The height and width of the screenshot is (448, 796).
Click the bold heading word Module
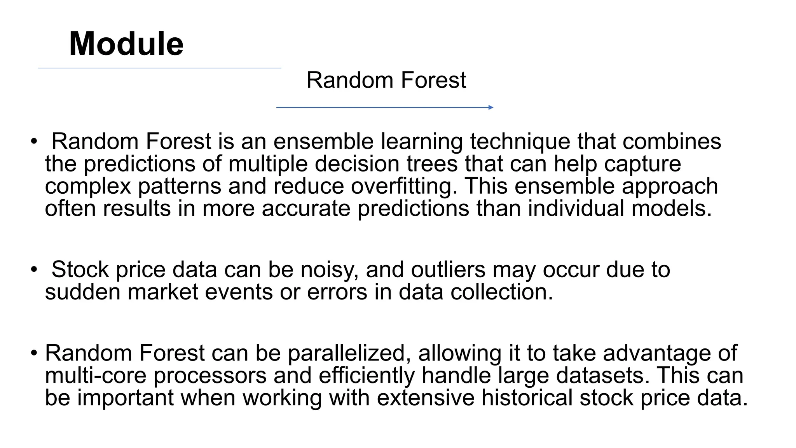coord(126,44)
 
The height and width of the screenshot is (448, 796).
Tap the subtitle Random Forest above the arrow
coord(386,80)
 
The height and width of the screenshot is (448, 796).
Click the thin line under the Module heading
coord(159,68)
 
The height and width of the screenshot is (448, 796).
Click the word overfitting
coord(404,186)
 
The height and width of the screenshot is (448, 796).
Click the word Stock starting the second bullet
coord(80,269)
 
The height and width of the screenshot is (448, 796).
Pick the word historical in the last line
coord(527,398)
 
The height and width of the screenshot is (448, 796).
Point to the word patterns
coord(179,186)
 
